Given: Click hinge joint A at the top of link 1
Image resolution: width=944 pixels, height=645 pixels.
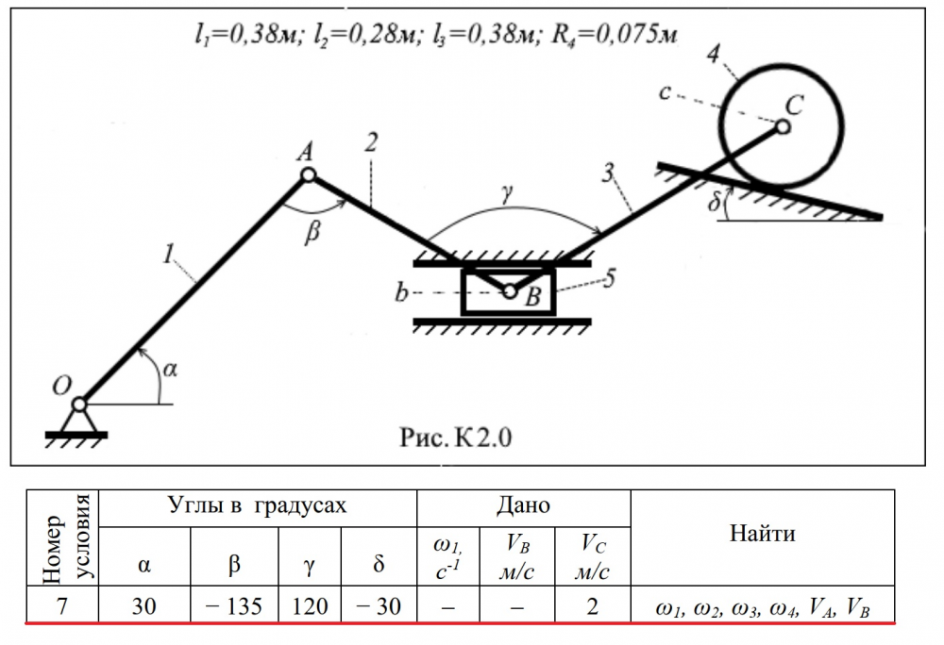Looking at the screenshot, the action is point(308,175).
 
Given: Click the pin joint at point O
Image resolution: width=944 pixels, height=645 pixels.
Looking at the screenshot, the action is point(79,405).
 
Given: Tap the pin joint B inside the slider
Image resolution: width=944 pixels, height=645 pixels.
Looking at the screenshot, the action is point(510,292).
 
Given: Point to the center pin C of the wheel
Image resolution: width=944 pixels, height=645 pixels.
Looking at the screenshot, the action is point(784,125).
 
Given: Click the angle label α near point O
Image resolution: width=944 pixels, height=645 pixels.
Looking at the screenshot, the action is point(170,370).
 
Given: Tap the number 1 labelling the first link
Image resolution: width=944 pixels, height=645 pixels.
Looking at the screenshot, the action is point(167,252).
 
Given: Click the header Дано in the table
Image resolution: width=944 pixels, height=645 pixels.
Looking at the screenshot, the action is point(523,506).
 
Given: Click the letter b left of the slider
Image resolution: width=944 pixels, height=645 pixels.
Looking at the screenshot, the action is point(401,295).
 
